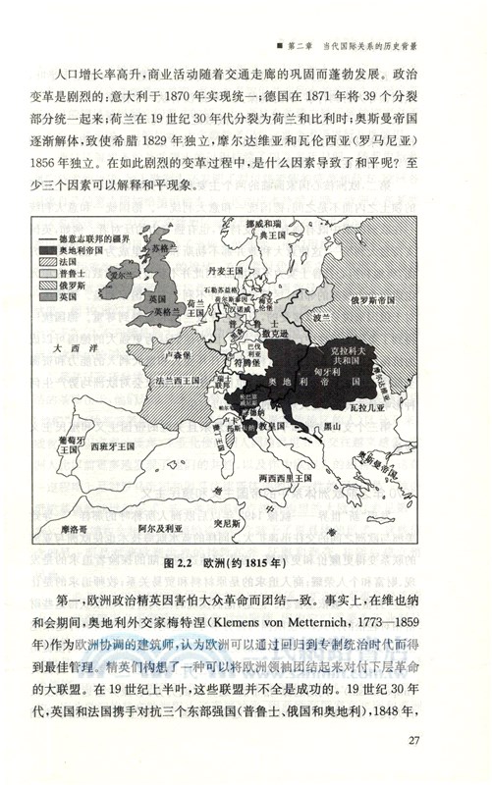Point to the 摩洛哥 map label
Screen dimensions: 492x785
point(75,526)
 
